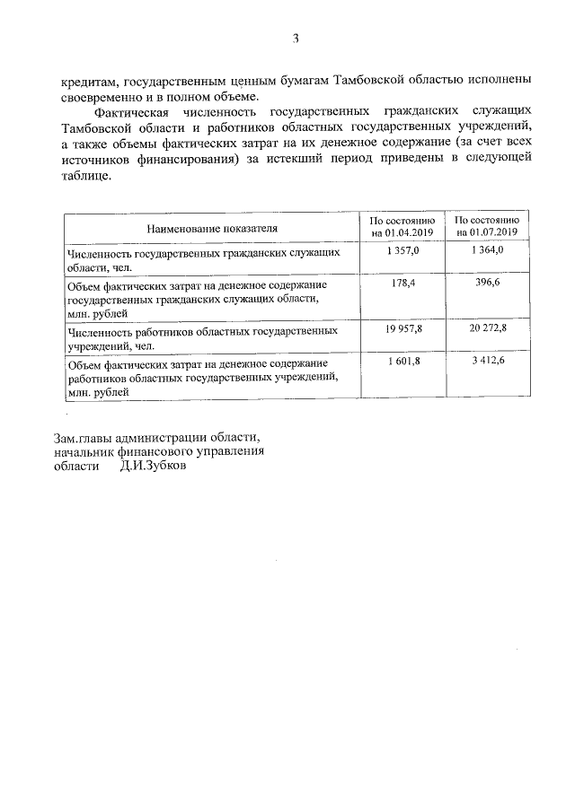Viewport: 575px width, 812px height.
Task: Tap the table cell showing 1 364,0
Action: [x=487, y=252]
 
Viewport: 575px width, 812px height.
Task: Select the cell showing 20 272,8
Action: [x=487, y=329]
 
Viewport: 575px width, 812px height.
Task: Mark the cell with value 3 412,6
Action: [x=487, y=361]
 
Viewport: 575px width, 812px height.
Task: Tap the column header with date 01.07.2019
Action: [x=487, y=227]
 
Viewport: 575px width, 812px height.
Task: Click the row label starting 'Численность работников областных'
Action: [x=202, y=337]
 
